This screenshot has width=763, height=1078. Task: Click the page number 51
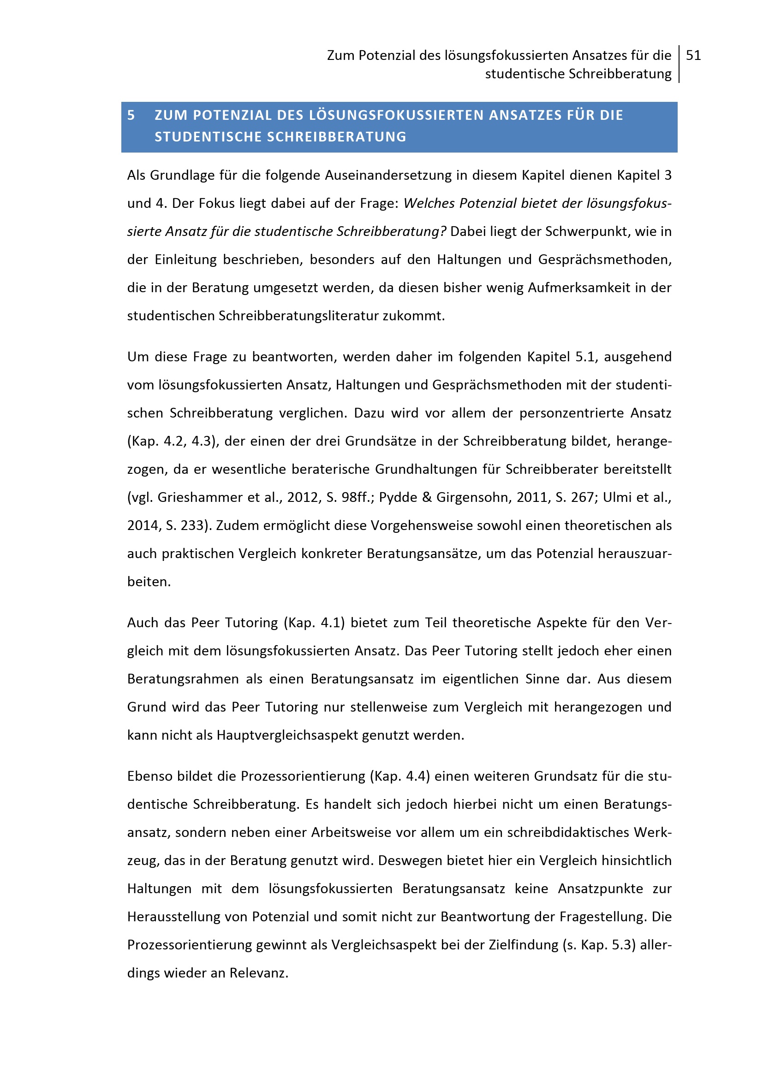(x=693, y=56)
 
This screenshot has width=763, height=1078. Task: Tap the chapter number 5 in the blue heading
(x=131, y=115)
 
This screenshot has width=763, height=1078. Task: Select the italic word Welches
(x=429, y=203)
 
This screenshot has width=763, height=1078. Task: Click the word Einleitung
(x=185, y=259)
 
